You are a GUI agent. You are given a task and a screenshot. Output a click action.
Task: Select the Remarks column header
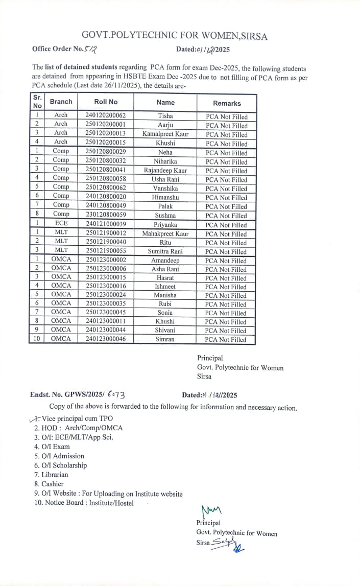point(227,103)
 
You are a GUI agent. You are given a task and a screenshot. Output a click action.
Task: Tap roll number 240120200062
point(106,116)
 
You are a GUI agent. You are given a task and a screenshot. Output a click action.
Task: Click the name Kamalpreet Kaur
point(165,134)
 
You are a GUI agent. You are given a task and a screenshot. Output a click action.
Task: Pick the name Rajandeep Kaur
point(165,171)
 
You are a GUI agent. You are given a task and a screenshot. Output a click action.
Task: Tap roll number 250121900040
point(106,242)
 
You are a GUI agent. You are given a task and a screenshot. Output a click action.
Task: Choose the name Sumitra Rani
point(165,251)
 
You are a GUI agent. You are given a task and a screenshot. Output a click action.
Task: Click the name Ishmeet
point(165,287)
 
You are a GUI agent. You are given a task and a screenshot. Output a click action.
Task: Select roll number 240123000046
point(106,339)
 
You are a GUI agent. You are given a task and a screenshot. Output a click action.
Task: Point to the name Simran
point(165,339)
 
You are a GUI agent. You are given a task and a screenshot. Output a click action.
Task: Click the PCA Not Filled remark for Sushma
point(226,216)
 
